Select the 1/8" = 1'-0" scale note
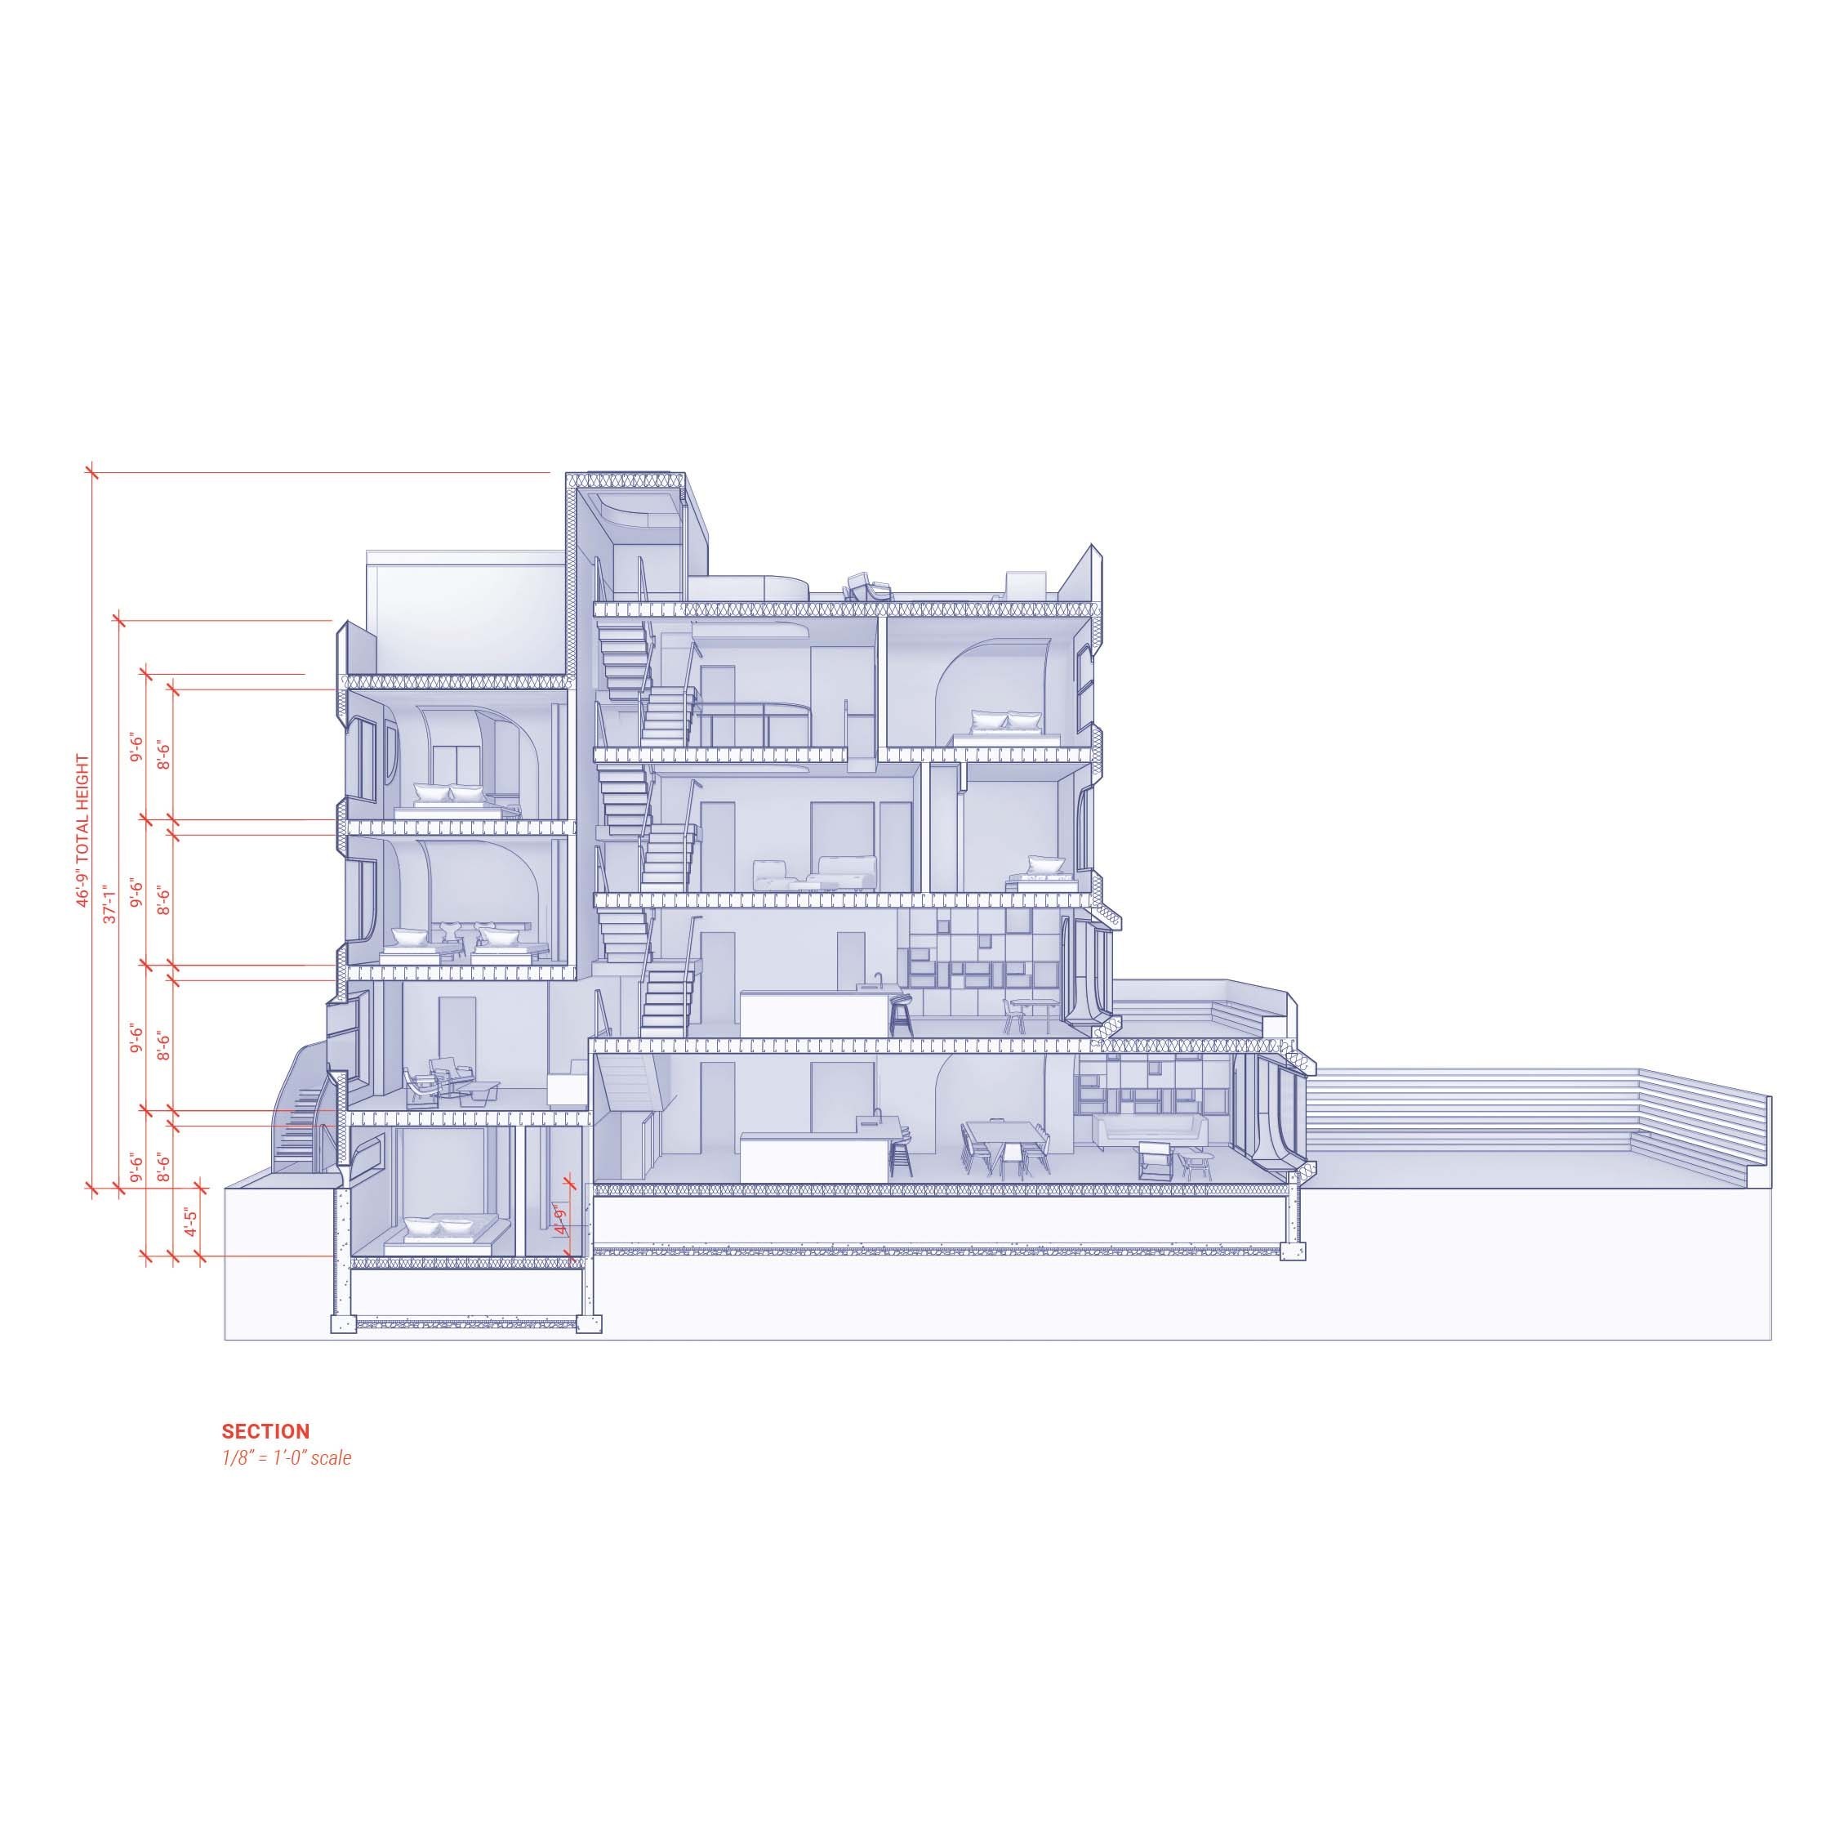pyautogui.click(x=287, y=1459)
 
